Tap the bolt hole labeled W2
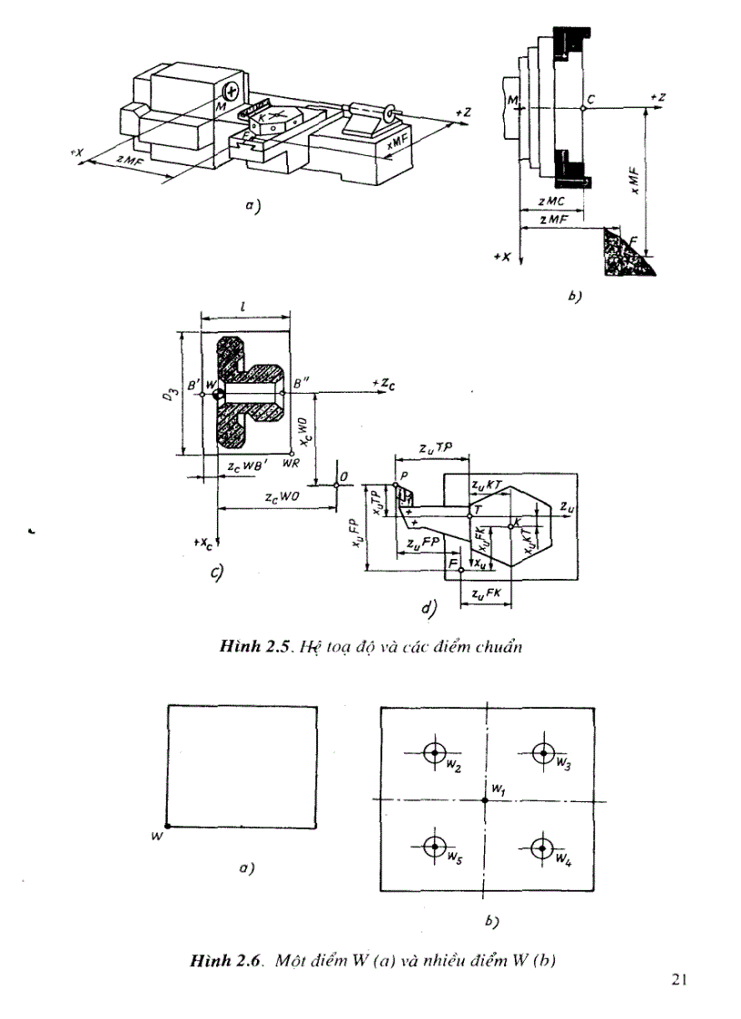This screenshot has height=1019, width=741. pos(434,752)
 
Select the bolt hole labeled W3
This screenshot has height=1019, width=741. pos(543,752)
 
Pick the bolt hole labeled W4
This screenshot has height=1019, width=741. pos(543,848)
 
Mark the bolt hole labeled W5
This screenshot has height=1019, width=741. pos(434,848)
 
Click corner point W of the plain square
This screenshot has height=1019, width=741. pos(169,826)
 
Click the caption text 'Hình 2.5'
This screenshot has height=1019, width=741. pos(252,647)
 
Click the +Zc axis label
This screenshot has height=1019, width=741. pos(384,385)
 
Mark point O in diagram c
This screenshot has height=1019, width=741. pos(337,485)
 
